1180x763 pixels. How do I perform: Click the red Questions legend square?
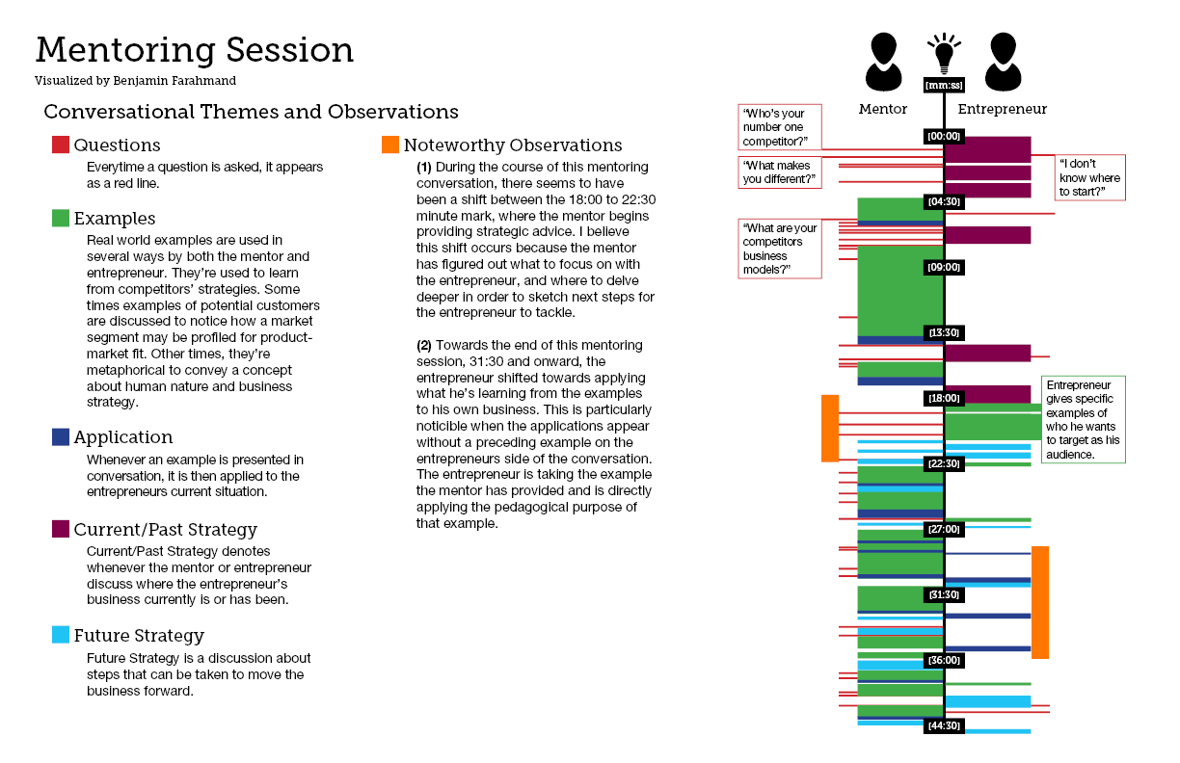point(61,145)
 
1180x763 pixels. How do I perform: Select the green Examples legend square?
point(61,218)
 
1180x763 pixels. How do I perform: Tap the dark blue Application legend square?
point(61,437)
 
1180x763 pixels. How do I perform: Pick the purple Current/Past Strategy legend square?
point(61,529)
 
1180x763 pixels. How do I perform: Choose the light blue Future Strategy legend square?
point(61,635)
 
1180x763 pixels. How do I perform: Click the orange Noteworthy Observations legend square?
point(390,145)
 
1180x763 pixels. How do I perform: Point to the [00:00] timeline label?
point(944,137)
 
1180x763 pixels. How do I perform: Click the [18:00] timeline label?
point(944,398)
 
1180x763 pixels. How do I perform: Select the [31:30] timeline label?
point(944,595)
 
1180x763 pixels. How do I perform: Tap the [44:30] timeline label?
point(944,725)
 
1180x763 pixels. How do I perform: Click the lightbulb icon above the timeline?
point(944,54)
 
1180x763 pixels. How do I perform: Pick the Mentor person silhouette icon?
point(883,62)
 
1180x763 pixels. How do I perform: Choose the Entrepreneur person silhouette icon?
point(1003,62)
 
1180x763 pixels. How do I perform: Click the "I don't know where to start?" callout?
point(1090,177)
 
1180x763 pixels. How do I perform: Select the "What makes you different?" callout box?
point(780,172)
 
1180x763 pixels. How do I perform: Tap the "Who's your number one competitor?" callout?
point(780,127)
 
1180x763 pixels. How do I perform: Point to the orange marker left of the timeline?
point(830,429)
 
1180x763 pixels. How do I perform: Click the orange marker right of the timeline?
point(1040,602)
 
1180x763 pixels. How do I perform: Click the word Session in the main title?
point(290,50)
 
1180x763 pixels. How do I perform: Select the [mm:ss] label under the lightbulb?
point(944,86)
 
